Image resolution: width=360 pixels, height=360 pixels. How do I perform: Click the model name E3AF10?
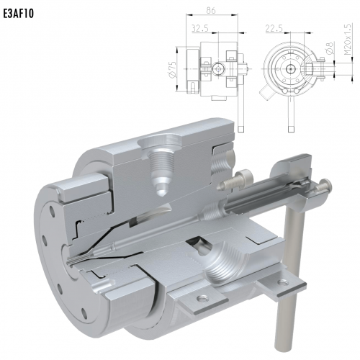pos(18,14)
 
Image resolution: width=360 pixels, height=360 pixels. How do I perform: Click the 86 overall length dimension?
pos(211,10)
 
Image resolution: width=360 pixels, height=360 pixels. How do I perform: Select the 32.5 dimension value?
pos(200,28)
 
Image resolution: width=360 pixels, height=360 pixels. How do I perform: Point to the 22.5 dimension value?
pos(274,28)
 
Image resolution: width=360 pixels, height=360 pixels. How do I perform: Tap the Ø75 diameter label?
pos(173,69)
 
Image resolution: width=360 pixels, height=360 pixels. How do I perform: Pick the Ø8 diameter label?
pos(330,48)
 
